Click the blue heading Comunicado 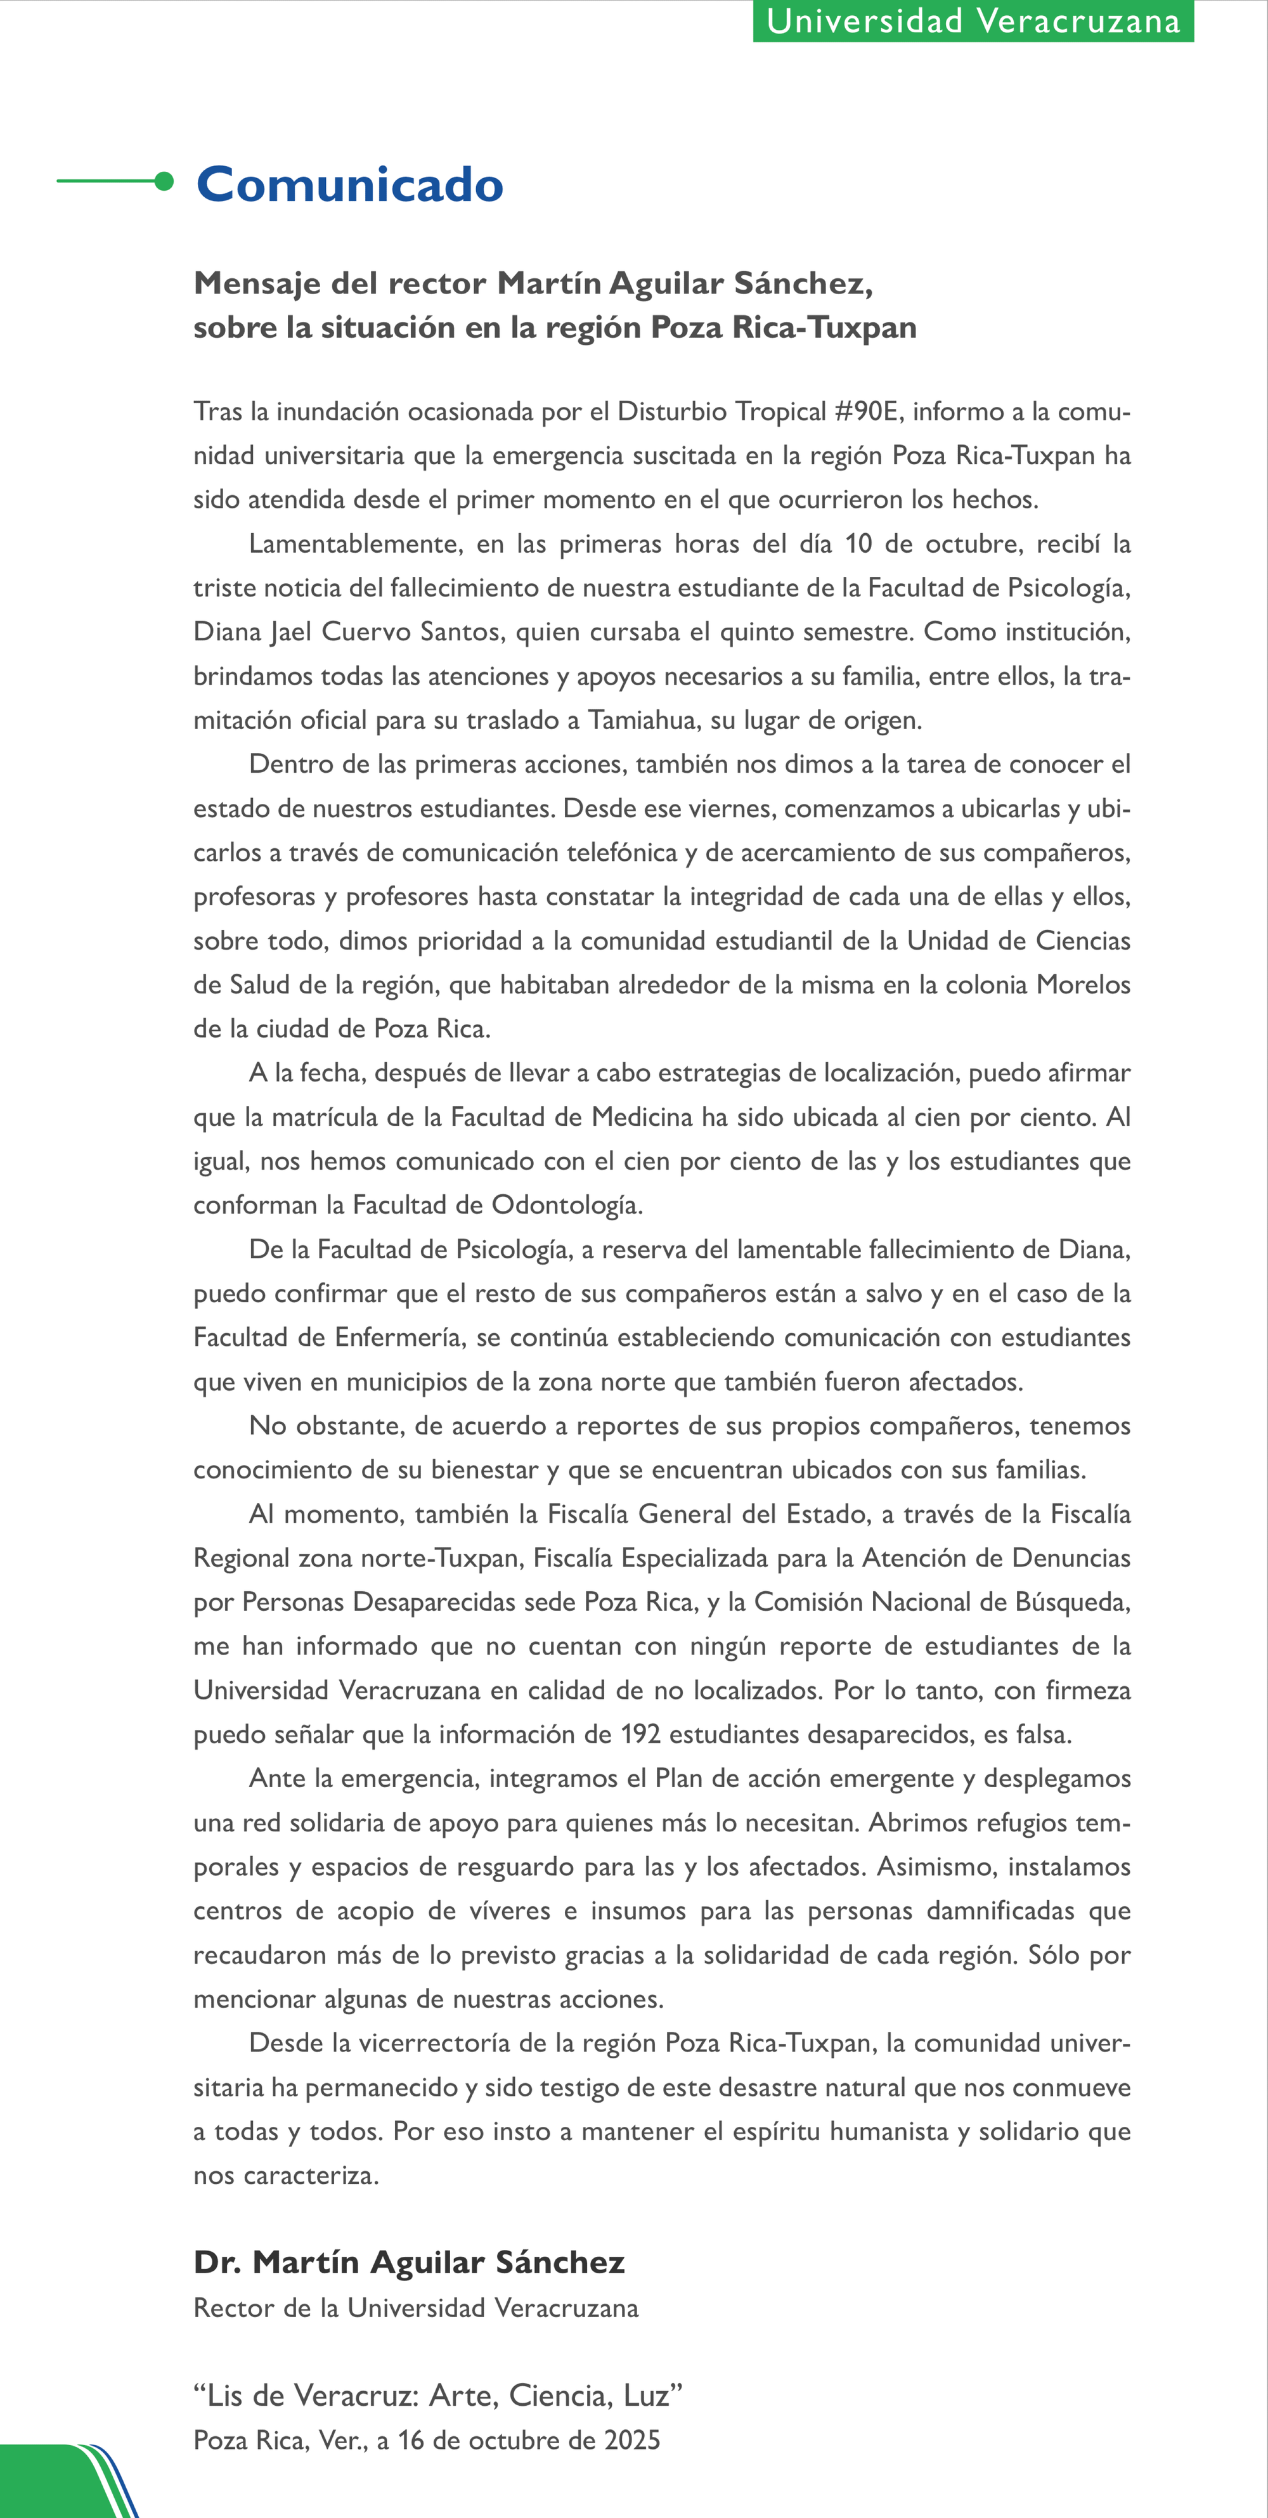tap(349, 184)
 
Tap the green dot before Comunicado tap(164, 181)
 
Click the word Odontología tap(566, 1205)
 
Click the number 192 tap(640, 1734)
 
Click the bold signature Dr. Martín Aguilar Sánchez tap(409, 2262)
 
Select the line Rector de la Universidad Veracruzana tap(415, 2308)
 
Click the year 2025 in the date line tap(631, 2440)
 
